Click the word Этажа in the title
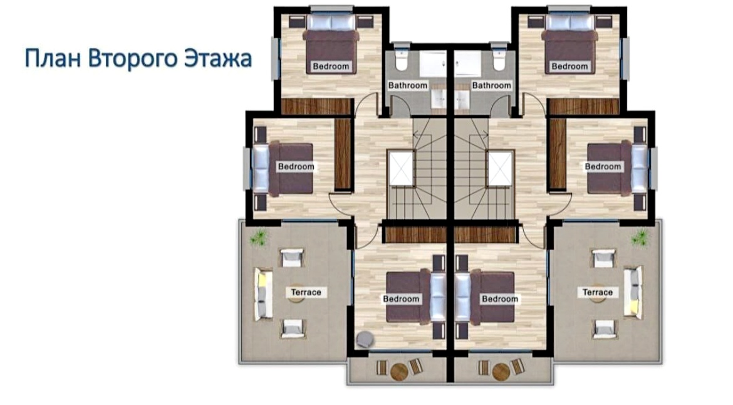point(218,58)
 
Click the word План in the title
point(53,58)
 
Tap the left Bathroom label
point(408,86)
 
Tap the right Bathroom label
point(491,86)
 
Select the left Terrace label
point(306,292)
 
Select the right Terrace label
point(598,292)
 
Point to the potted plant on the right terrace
point(640,238)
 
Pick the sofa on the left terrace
point(263,293)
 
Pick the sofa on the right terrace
point(633,292)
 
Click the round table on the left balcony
point(399,372)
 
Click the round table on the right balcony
point(501,372)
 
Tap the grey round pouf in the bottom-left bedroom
point(365,339)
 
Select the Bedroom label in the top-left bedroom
point(331,66)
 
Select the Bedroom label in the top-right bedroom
point(569,66)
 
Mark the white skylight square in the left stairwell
point(401,168)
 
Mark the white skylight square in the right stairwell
point(500,168)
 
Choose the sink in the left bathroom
point(439,99)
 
